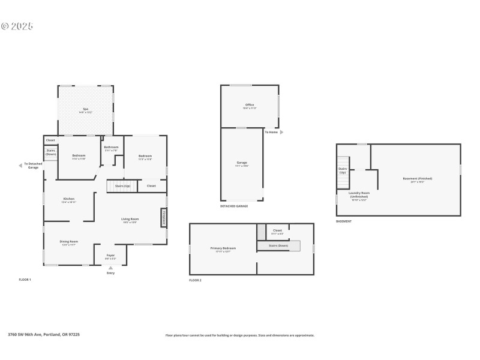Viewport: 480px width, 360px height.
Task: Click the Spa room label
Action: pos(85,110)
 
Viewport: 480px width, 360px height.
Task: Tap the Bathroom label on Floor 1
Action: pos(112,148)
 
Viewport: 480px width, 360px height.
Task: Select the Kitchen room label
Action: pos(69,200)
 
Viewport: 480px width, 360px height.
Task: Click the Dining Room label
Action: pos(69,242)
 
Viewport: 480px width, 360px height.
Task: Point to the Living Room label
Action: pos(130,220)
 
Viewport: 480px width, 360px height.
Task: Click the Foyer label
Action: pos(110,256)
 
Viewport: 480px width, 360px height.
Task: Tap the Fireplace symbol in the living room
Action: pos(163,217)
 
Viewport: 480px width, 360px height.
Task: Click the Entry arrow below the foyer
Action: pos(110,268)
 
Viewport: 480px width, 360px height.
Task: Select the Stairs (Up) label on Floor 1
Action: pos(123,186)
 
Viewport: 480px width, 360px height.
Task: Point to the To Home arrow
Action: pos(281,132)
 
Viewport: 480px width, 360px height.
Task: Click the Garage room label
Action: pos(242,163)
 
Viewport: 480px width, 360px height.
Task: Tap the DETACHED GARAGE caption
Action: pos(234,206)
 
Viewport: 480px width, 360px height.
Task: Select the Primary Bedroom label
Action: pos(223,249)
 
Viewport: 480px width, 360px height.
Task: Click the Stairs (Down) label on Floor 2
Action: pos(278,245)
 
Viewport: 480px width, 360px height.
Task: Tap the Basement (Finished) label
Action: pos(417,179)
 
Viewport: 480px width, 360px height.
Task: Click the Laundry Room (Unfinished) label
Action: pos(358,194)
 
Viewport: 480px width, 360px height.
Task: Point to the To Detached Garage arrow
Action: pos(21,166)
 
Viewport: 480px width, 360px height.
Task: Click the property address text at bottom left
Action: pos(43,334)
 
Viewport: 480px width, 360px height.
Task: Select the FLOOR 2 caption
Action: pos(195,280)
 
